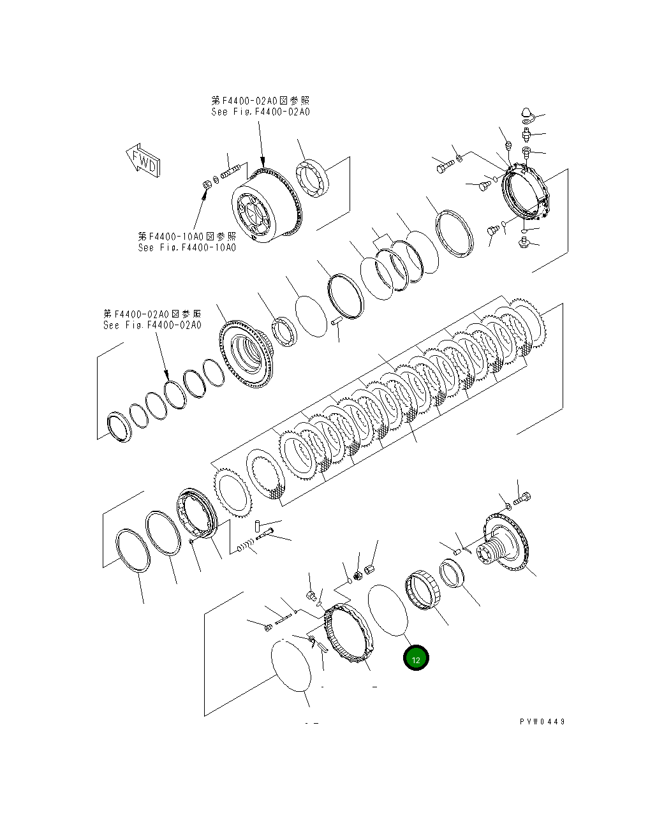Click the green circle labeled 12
click(416, 659)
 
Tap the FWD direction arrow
click(143, 161)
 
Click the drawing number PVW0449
click(542, 722)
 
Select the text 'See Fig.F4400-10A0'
click(186, 247)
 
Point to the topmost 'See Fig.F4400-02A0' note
click(260, 112)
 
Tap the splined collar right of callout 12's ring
click(420, 592)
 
